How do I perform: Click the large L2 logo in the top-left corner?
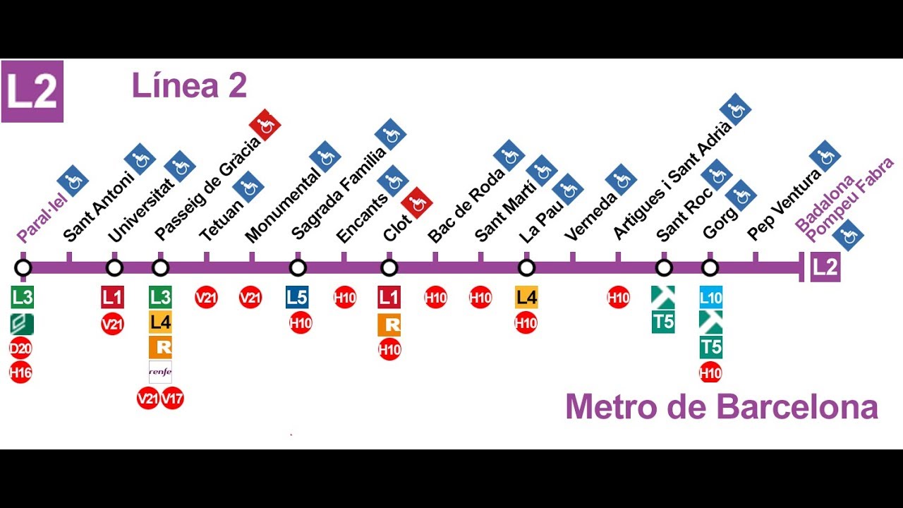[32, 92]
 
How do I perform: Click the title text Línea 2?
[189, 86]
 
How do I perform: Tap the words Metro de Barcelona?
[721, 407]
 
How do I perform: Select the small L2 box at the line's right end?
[825, 268]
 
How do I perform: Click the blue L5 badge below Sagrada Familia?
[297, 297]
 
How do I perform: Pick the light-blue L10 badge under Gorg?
[710, 297]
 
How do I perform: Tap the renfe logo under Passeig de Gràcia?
[160, 372]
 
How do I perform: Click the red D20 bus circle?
[20, 349]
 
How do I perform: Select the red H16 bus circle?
[20, 373]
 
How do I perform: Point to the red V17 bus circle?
[172, 399]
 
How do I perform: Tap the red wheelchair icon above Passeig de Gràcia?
[265, 125]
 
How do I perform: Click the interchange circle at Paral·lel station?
[23, 268]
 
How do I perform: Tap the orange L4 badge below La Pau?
[526, 297]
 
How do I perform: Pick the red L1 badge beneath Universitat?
[113, 297]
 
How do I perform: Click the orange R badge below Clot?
[389, 325]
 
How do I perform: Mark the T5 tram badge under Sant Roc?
[663, 322]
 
